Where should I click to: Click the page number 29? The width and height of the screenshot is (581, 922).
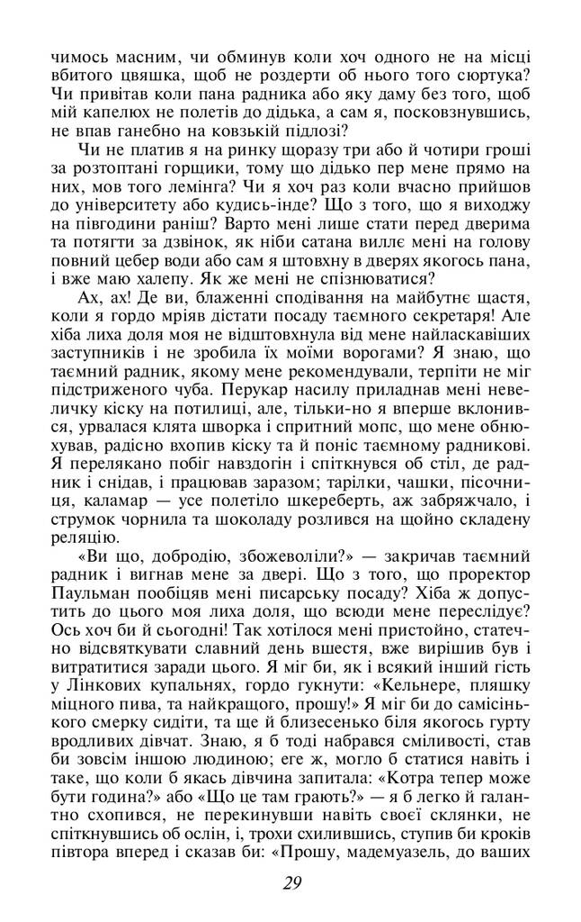[290, 882]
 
